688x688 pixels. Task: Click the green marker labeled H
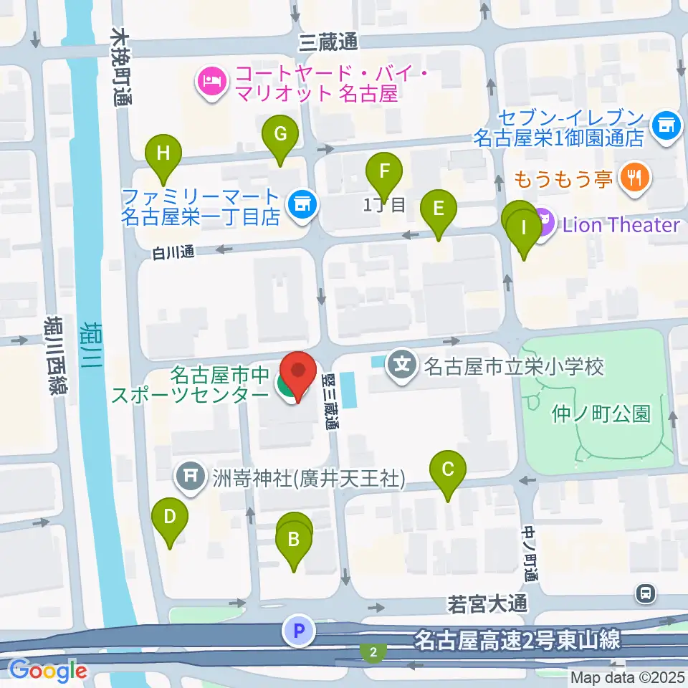(164, 153)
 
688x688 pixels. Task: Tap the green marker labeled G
(280, 134)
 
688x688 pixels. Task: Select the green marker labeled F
(384, 171)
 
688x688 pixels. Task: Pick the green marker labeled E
(439, 209)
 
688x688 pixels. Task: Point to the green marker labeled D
(170, 517)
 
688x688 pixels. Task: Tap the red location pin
(298, 372)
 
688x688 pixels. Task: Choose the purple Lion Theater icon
(543, 224)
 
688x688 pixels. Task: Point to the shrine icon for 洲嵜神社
(191, 475)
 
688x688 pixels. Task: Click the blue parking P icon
(300, 631)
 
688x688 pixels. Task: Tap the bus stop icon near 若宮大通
(646, 593)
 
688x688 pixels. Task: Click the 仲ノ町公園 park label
(601, 414)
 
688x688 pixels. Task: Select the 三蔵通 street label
(328, 43)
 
